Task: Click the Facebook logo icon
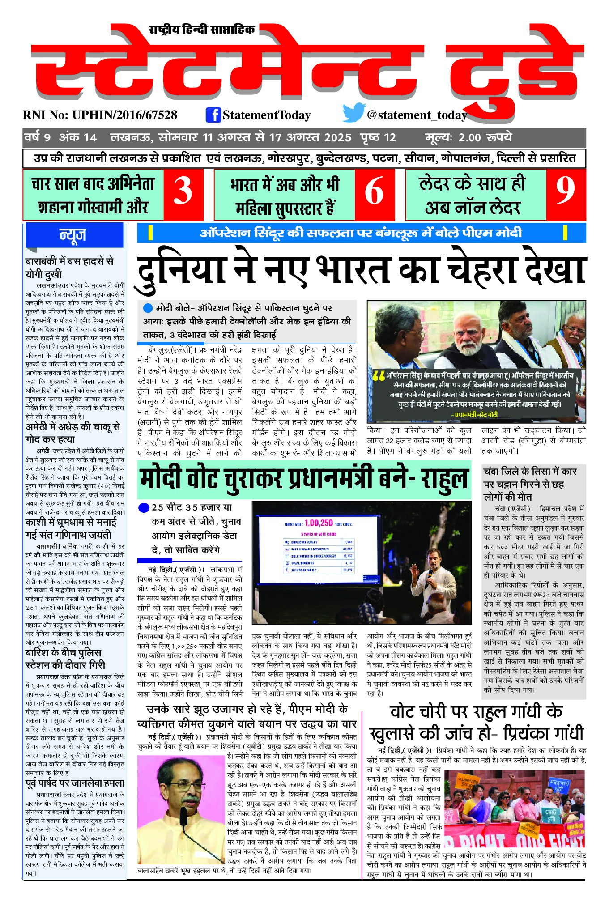pos(213,115)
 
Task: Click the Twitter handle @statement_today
pos(417,115)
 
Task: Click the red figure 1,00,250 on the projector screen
pos(319,523)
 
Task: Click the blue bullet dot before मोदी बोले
pos(148,308)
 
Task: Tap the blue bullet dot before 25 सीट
pos(144,507)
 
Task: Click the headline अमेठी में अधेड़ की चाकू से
pos(73,433)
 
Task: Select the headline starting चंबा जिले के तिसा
pos(530,484)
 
